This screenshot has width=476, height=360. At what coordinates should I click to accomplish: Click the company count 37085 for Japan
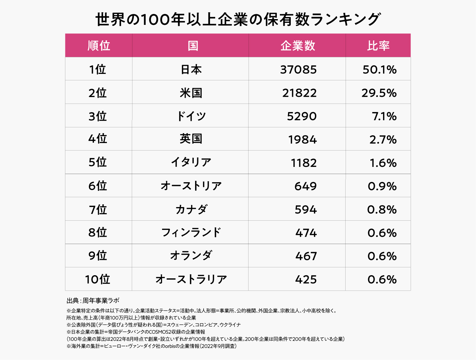click(x=298, y=69)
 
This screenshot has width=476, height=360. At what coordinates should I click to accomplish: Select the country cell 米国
click(x=191, y=93)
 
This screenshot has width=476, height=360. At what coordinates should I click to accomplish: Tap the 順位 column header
click(x=99, y=46)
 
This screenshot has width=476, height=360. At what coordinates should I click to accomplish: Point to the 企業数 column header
click(x=298, y=46)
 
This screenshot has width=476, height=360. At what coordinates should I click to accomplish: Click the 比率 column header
click(x=378, y=46)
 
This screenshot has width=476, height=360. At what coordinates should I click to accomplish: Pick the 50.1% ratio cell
click(x=379, y=69)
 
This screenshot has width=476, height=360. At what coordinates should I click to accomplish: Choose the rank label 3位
click(x=98, y=116)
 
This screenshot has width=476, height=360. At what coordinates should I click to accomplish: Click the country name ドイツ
click(x=191, y=116)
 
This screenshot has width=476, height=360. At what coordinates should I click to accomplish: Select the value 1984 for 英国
click(x=302, y=139)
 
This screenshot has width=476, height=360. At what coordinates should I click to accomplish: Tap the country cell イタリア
click(x=191, y=162)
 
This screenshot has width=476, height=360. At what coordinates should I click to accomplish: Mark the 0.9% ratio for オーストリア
click(x=382, y=186)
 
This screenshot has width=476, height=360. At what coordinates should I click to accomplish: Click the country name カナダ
click(x=191, y=209)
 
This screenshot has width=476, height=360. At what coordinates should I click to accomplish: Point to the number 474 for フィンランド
click(x=306, y=233)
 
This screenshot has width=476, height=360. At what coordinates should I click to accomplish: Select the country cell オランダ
click(x=191, y=256)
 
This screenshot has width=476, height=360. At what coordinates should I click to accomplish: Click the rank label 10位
click(x=98, y=279)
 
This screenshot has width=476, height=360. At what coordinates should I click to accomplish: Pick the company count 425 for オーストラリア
click(x=306, y=279)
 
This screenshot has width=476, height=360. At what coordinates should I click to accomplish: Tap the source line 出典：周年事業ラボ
click(x=93, y=301)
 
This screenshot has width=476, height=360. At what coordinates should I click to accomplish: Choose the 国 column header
click(x=193, y=46)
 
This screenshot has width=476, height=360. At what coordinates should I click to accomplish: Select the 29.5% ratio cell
click(x=379, y=93)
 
